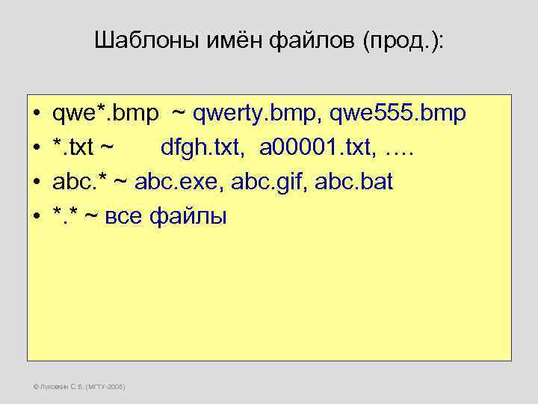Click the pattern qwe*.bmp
click(105, 114)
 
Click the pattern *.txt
click(73, 148)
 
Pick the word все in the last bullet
click(122, 217)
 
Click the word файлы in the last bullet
click(188, 217)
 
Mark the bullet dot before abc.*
click(37, 183)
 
